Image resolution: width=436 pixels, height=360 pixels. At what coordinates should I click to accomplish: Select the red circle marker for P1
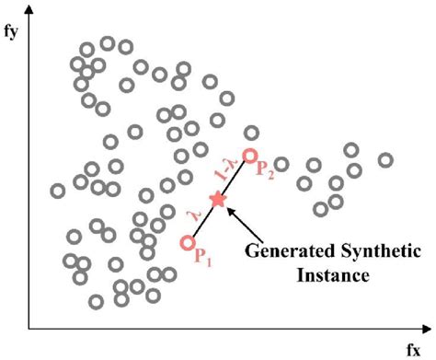click(188, 243)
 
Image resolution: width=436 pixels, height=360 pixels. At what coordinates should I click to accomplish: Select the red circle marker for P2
click(249, 157)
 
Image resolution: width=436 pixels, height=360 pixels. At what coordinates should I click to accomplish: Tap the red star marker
click(218, 198)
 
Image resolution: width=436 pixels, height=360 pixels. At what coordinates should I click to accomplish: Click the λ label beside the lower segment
click(192, 215)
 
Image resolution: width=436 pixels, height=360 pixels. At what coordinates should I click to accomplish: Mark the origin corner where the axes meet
click(30, 327)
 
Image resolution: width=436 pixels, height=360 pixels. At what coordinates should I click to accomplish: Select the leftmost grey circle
click(58, 192)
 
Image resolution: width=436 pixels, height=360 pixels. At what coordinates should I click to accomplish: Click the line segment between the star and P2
click(234, 178)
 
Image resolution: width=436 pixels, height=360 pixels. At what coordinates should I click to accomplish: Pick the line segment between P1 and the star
click(203, 221)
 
